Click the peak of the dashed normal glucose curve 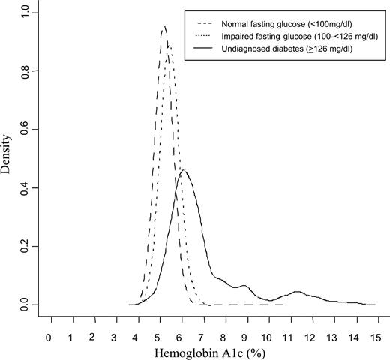[x=164, y=26]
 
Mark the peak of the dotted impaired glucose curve [x=170, y=43]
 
